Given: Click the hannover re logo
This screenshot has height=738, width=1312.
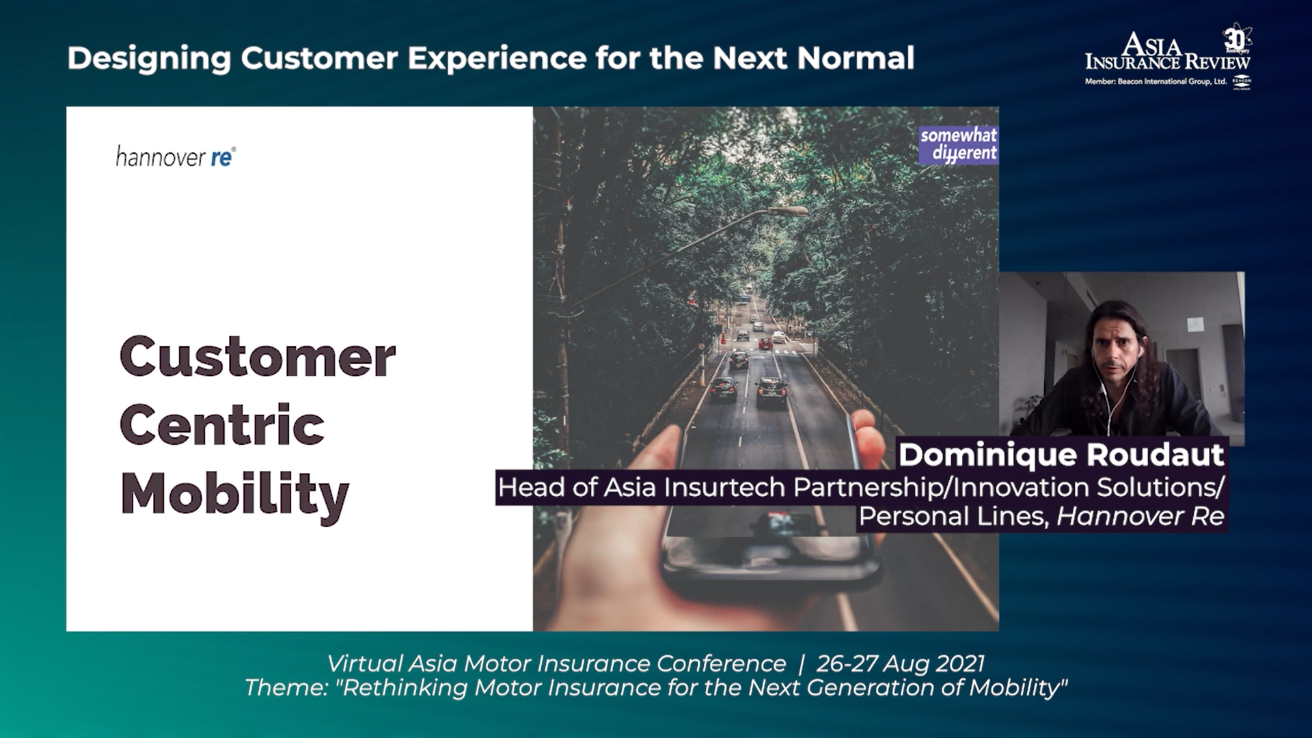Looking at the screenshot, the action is pyautogui.click(x=176, y=156).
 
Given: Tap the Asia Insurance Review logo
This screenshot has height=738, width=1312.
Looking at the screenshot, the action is pyautogui.click(x=1168, y=58).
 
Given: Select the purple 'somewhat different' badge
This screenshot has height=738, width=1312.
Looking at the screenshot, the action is pyautogui.click(x=959, y=144).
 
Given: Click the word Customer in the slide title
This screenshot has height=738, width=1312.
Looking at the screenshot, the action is pyautogui.click(x=258, y=357).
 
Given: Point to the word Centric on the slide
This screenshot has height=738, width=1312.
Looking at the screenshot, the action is pyautogui.click(x=222, y=425).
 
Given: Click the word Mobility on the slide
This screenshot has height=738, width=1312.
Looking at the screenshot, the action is pyautogui.click(x=234, y=493).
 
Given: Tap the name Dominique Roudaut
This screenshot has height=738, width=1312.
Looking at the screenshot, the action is pyautogui.click(x=1061, y=454).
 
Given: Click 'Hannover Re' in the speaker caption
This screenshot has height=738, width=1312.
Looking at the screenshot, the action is pyautogui.click(x=1140, y=517).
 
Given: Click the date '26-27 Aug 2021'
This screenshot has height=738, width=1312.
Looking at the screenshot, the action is pyautogui.click(x=901, y=664).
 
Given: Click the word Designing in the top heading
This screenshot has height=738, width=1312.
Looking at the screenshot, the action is pyautogui.click(x=149, y=59).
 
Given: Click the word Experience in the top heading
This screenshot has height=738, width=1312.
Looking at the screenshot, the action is pyautogui.click(x=497, y=59).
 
